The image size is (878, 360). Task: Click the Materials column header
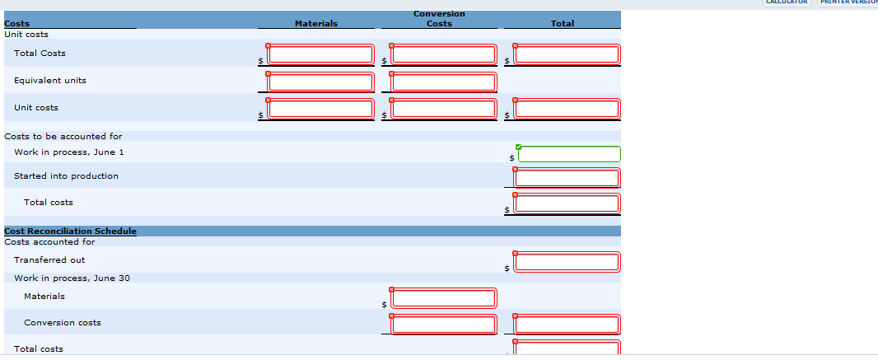coord(316,24)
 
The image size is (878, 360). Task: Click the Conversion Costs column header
coord(439,18)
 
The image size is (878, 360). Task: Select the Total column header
coord(563,24)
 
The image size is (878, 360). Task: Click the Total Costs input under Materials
coord(320,54)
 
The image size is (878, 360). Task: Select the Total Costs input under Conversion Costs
coord(444,54)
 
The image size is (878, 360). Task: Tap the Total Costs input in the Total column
coord(567,54)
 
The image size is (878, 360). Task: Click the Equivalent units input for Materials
coord(320,82)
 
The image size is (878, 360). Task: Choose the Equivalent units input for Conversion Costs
coord(444,82)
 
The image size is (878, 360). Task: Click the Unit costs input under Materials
coord(320,109)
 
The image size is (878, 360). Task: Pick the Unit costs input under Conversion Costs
coord(444,109)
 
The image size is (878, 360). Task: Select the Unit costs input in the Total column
coord(567,109)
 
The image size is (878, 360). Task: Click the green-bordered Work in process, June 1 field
coord(569,155)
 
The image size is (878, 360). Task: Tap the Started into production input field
coord(567,178)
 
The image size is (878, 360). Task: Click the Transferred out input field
coord(567,263)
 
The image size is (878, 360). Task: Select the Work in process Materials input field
coord(444,298)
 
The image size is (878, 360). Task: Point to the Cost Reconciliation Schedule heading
coord(71,231)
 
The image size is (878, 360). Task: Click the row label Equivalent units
coord(50,81)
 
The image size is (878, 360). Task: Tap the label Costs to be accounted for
coord(63,136)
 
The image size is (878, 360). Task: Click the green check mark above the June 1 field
coord(519,147)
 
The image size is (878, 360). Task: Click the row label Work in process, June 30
coord(72,278)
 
